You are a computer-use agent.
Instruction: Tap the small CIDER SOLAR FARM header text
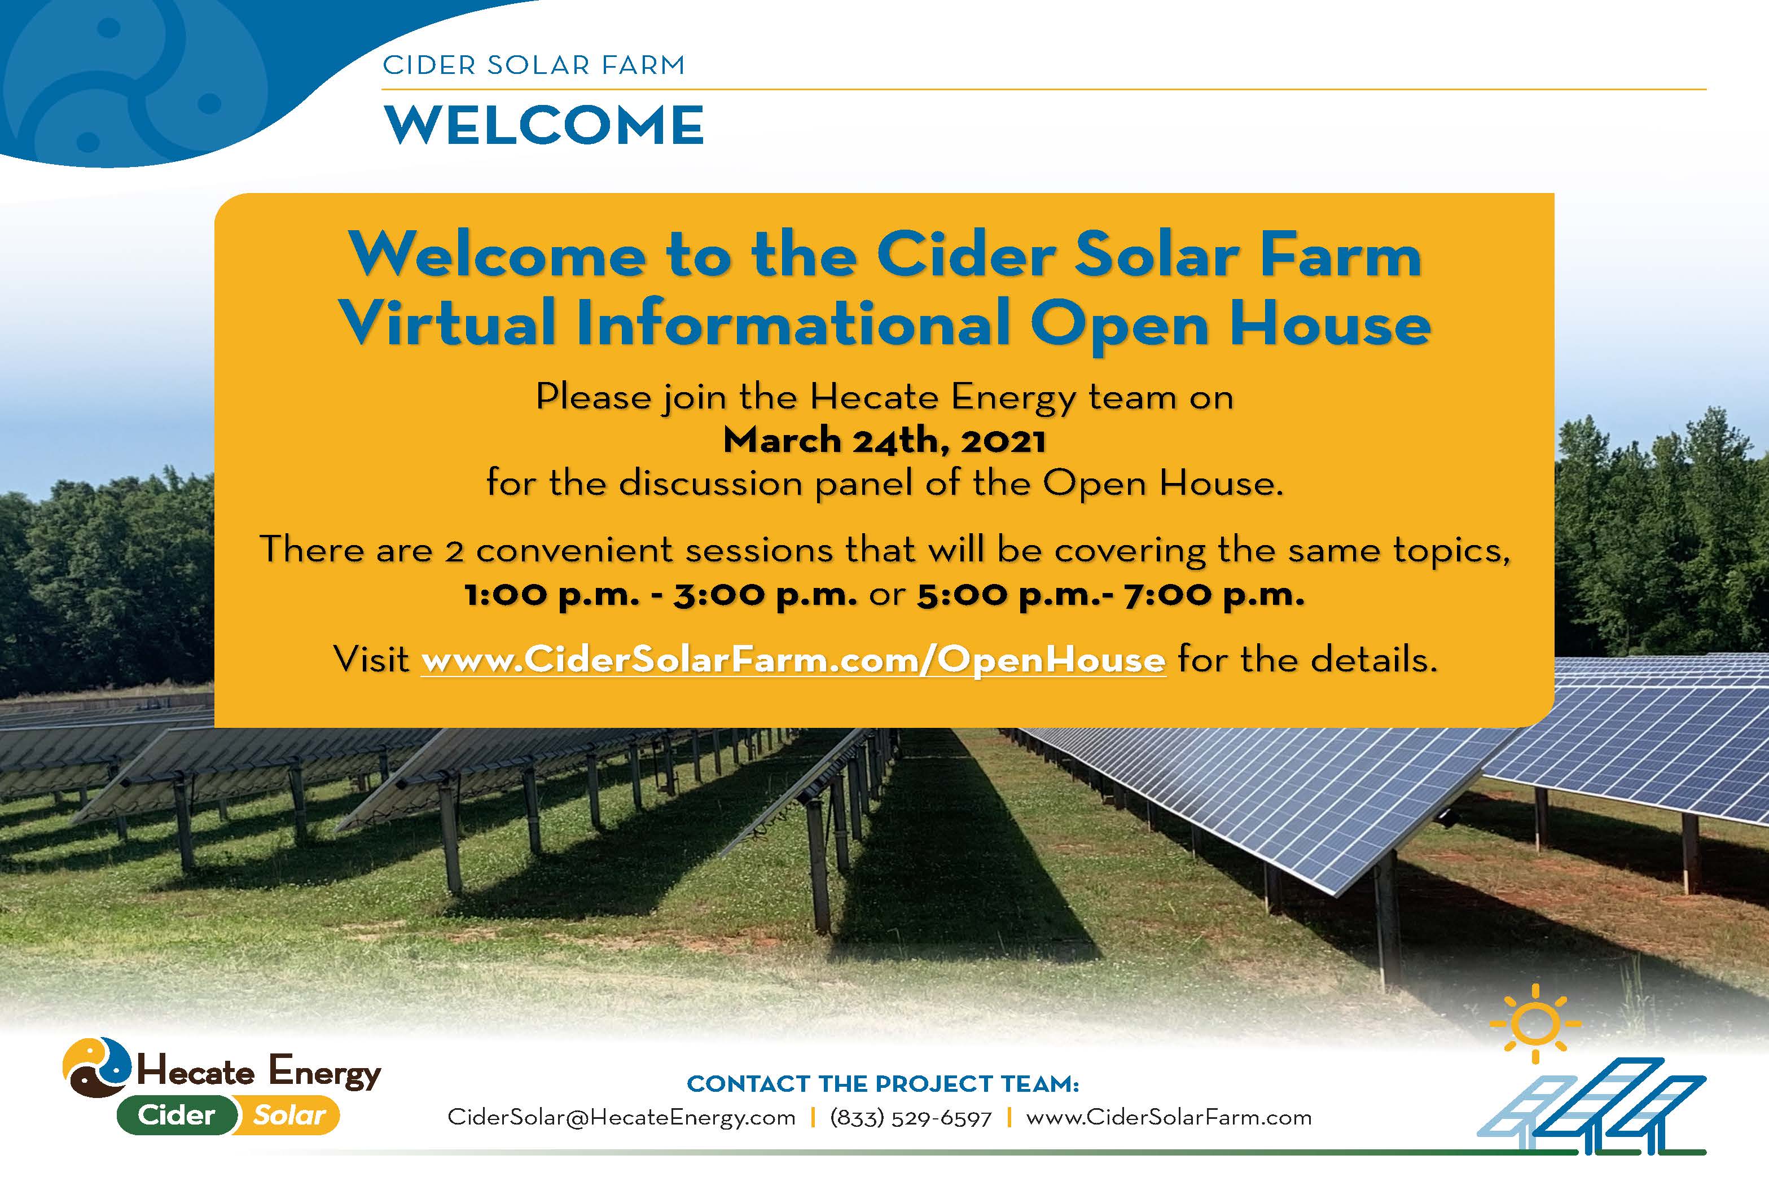534,65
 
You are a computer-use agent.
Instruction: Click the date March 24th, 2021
885,441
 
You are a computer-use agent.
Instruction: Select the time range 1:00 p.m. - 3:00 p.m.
661,595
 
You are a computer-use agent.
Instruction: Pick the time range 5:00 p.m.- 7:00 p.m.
1110,595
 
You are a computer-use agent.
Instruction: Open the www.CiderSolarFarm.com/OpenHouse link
793,659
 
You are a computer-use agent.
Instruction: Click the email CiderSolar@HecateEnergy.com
621,1118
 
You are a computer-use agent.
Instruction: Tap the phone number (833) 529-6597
911,1118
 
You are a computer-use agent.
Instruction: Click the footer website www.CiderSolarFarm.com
1169,1118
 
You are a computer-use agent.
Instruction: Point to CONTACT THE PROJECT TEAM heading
883,1083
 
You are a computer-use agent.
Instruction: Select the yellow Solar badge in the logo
288,1115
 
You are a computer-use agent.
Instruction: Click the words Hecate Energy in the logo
259,1072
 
